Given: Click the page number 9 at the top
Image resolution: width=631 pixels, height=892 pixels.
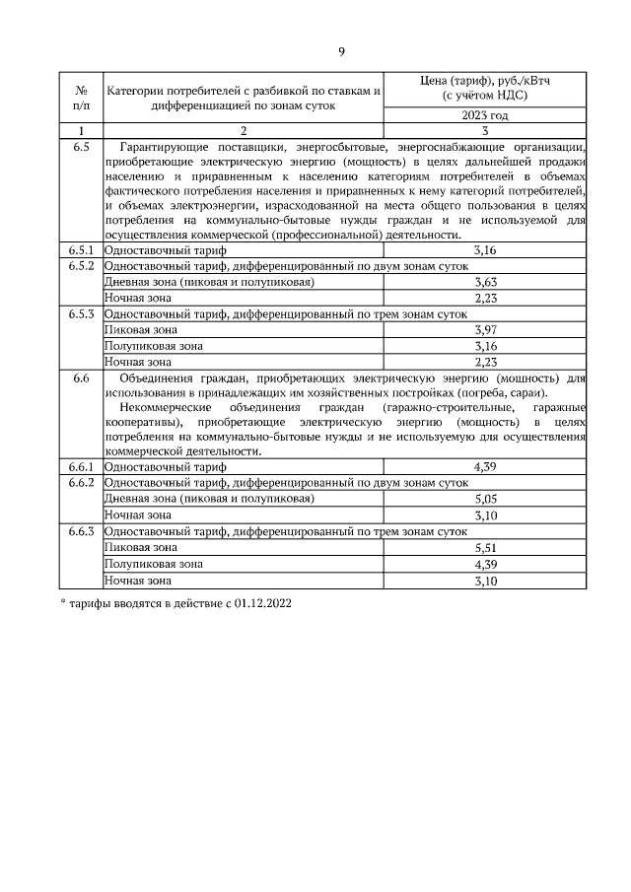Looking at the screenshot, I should (341, 52).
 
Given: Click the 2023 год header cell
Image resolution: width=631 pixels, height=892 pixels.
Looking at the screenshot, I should (484, 115).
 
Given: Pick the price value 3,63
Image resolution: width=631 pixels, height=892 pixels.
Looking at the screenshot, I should (484, 282).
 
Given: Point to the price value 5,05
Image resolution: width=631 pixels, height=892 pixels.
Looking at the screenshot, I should (484, 499).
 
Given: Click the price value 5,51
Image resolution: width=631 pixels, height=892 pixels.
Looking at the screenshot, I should (484, 547).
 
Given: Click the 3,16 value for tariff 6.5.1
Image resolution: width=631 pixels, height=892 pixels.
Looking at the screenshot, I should (484, 251).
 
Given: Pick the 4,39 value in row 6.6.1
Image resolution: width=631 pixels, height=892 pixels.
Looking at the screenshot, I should (484, 466).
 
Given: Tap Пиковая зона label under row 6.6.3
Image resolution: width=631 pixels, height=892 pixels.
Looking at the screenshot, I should (141, 547).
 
